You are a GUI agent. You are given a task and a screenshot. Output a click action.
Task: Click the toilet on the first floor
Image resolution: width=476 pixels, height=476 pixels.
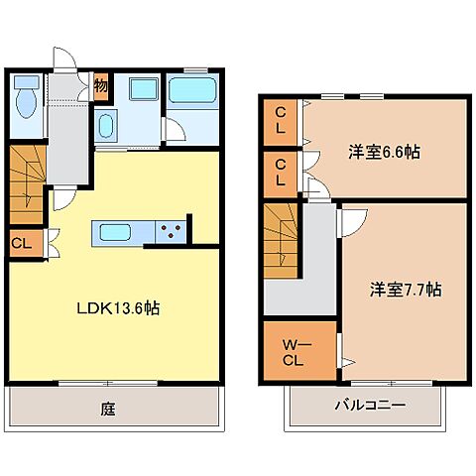click(27, 100)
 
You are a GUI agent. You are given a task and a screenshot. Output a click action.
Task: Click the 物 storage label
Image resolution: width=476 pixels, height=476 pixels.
click(100, 85)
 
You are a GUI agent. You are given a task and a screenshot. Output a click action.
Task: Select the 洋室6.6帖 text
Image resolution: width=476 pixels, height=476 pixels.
click(383, 153)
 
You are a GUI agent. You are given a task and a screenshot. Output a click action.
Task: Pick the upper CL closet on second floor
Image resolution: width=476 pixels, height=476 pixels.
click(282, 121)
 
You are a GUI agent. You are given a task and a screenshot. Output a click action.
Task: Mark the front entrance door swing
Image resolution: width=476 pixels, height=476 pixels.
click(65, 59)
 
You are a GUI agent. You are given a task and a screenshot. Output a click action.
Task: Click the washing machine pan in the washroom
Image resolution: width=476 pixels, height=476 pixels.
click(144, 91)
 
